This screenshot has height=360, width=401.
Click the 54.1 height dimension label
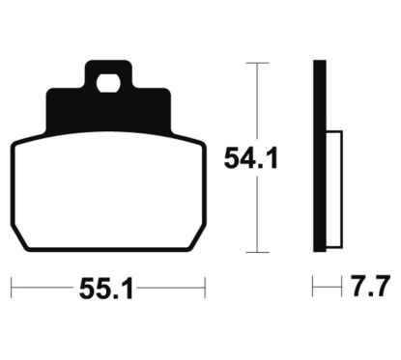click(251, 158)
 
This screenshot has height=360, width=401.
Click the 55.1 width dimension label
click(106, 289)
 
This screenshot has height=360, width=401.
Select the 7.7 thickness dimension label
click(370, 286)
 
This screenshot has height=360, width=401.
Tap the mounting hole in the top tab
click(108, 83)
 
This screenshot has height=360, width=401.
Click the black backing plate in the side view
click(320, 155)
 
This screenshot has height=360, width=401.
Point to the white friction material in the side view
click(334, 189)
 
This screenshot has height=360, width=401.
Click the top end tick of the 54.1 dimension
click(257, 63)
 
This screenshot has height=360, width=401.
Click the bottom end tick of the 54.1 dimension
click(257, 252)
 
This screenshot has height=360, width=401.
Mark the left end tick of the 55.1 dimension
click(12, 288)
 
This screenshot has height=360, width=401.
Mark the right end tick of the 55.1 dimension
click(205, 288)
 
